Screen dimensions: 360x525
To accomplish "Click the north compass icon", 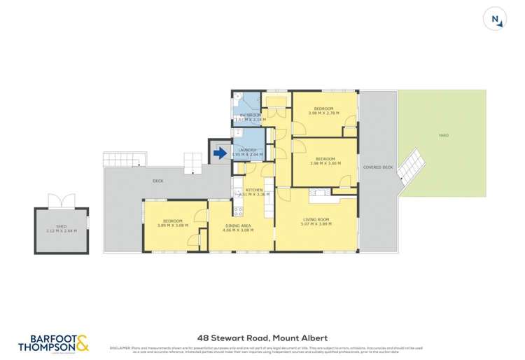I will (x=496, y=20).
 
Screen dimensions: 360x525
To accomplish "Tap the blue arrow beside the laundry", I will (x=220, y=152).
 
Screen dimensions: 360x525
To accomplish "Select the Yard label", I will (x=443, y=135).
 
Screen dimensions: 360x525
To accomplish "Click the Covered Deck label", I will (x=378, y=167).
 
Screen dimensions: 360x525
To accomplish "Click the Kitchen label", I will (x=254, y=191).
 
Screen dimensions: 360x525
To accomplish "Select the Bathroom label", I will (x=251, y=115).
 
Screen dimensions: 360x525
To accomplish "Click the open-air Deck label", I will (x=158, y=181).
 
